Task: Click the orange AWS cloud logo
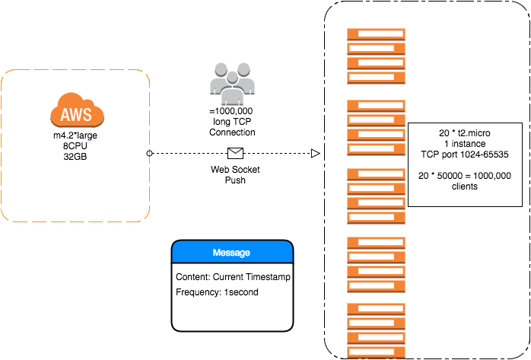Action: (77, 113)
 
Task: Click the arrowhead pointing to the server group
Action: (315, 154)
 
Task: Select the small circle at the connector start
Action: (149, 154)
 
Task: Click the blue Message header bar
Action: (232, 252)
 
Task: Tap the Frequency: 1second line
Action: (217, 292)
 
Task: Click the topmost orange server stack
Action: (376, 56)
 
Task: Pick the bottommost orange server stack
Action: (376, 328)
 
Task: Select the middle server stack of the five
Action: (376, 195)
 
